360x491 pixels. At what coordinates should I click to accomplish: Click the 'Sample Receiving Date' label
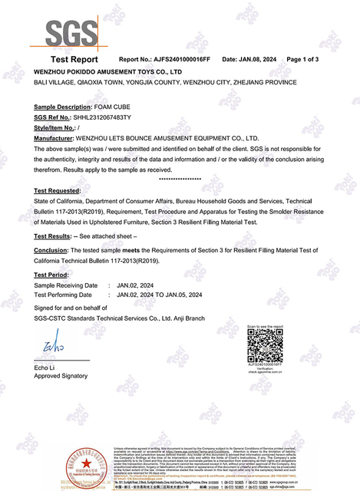coord(66,285)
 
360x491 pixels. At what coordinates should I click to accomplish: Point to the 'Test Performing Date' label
coord(66,293)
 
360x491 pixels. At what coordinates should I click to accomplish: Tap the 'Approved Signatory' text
coord(61,376)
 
